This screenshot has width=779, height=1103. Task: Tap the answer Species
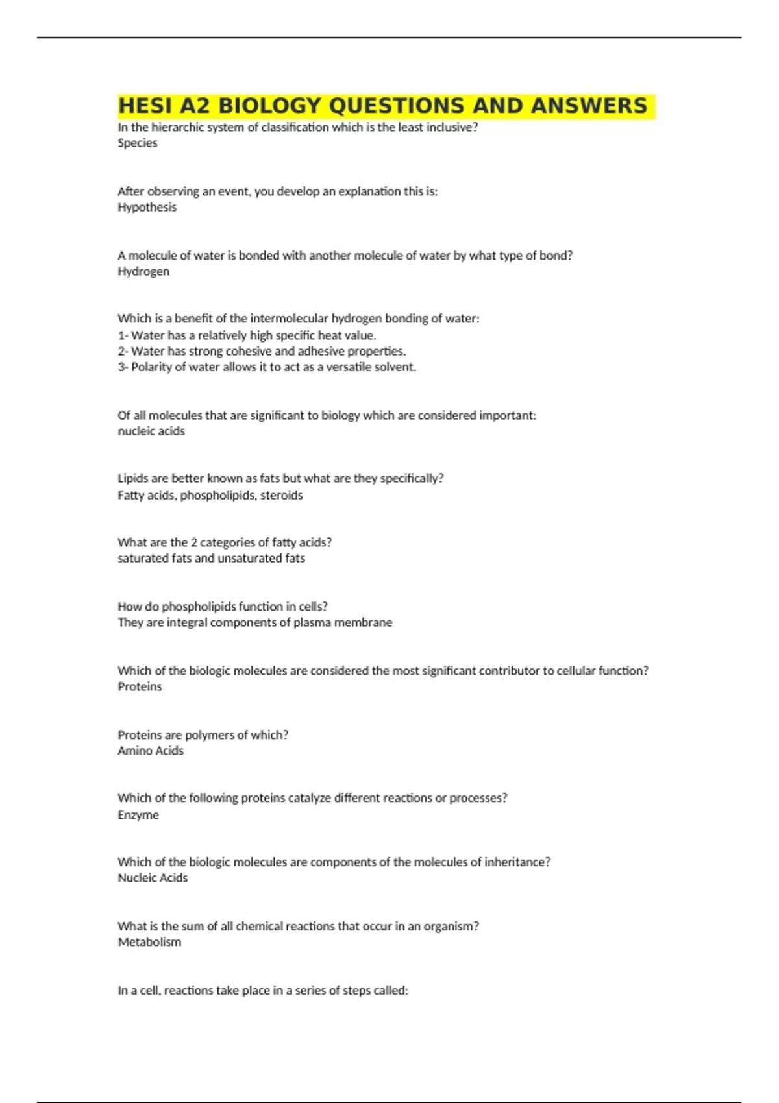click(138, 143)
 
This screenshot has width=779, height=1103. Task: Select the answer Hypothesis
click(147, 208)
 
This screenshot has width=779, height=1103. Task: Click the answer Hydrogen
click(143, 272)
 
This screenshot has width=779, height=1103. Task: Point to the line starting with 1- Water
click(247, 335)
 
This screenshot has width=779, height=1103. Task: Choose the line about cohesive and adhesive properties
click(262, 352)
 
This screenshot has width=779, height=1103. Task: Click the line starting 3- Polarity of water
click(267, 367)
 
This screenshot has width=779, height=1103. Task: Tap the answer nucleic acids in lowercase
click(151, 431)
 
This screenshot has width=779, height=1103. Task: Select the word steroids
click(282, 496)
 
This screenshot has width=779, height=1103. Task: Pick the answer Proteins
click(140, 687)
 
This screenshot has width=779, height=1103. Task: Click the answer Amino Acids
click(151, 751)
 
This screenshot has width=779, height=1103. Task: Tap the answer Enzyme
click(138, 816)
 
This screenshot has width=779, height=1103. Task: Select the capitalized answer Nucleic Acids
click(153, 879)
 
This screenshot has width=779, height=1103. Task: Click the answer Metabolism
click(149, 943)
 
